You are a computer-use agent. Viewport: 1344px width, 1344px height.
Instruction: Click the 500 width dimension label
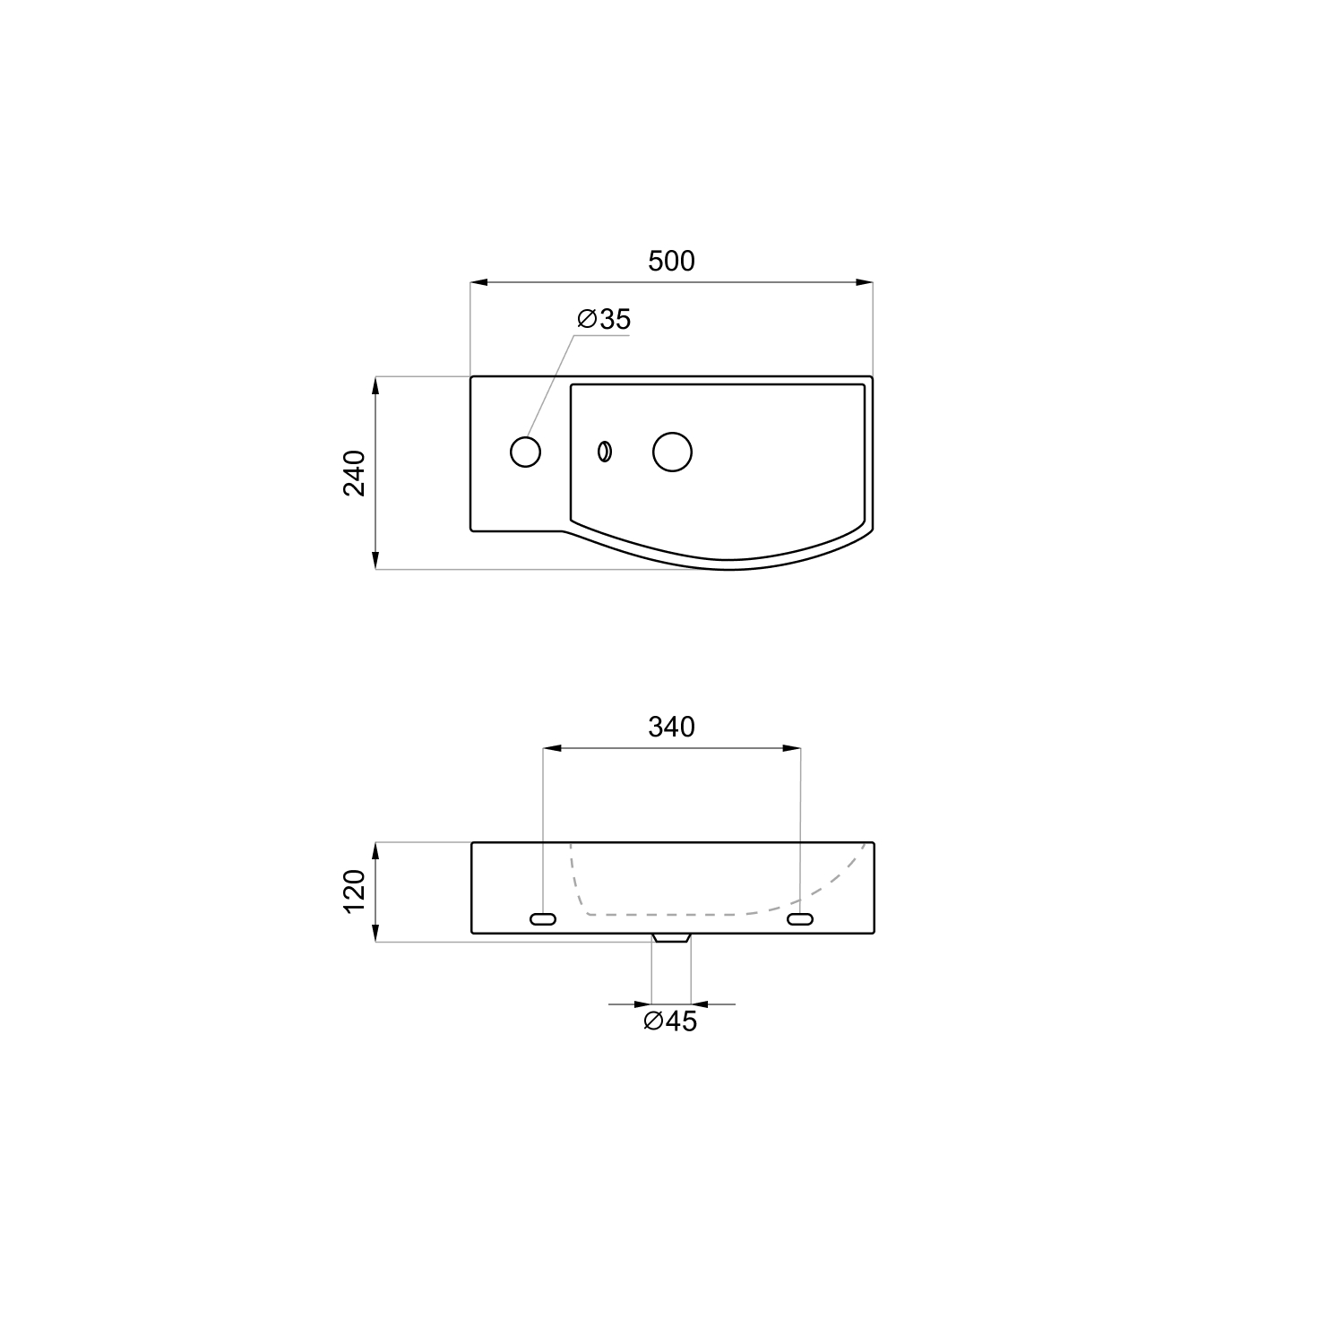coord(671,261)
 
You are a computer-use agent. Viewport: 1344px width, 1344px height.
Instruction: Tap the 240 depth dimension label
coord(355,473)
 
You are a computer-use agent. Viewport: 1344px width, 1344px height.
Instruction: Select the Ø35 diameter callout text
coord(604,319)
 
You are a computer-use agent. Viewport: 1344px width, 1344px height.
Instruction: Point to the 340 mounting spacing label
coord(671,727)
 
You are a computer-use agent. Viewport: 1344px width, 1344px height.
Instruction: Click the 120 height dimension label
coord(355,892)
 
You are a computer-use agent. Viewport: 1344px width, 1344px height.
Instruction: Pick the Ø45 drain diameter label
coord(670,1021)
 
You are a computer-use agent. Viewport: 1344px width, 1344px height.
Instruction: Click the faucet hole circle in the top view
coord(525,452)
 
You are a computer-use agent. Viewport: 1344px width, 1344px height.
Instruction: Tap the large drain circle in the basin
coord(672,452)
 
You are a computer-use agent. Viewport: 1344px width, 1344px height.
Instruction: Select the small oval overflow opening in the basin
coord(605,452)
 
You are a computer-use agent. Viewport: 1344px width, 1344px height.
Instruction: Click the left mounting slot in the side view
coord(543,918)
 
